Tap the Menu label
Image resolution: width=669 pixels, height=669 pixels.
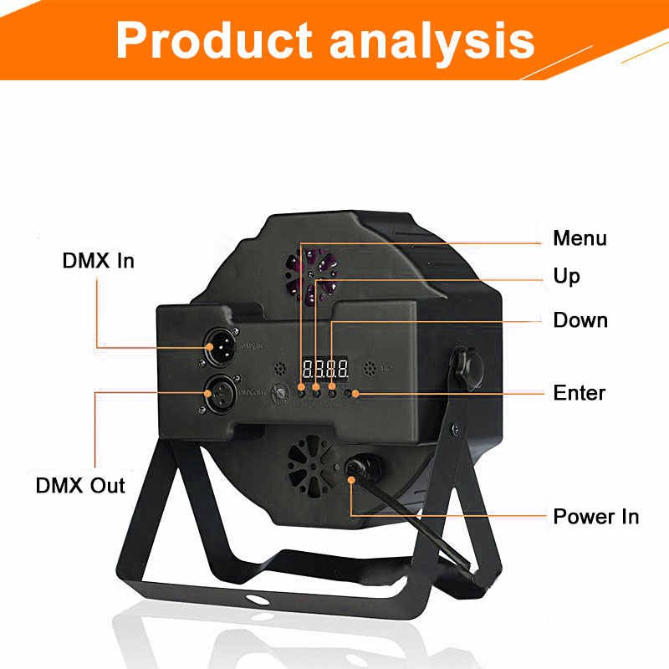580,238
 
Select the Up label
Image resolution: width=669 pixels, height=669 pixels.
566,276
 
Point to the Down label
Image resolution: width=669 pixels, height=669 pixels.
580,320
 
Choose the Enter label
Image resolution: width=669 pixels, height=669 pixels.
580,392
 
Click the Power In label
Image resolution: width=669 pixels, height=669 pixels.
595,516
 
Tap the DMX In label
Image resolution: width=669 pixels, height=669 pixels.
98,260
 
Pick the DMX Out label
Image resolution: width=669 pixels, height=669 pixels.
80,485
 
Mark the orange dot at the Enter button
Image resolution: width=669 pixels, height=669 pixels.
356,392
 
